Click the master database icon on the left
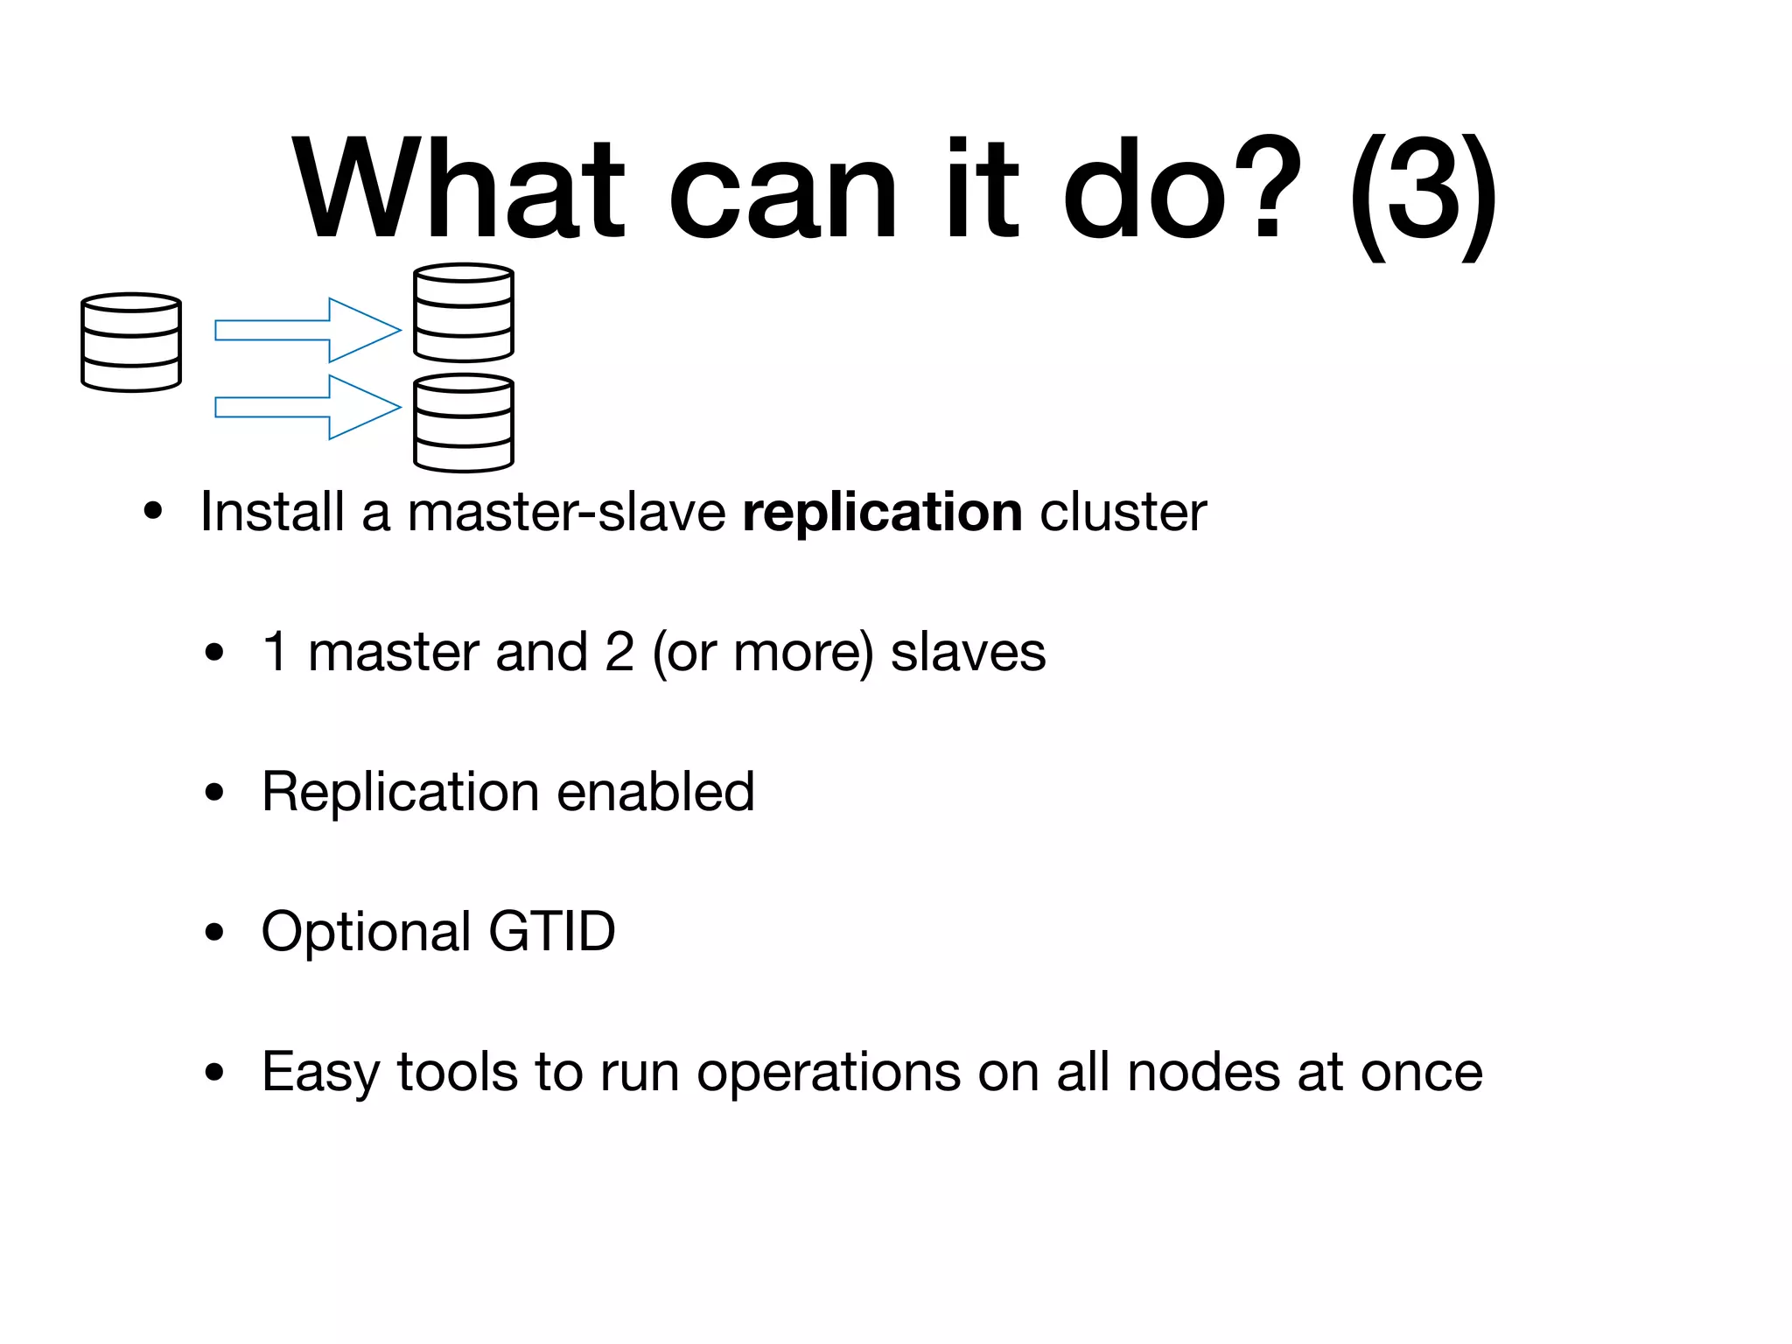131,342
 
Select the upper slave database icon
463,312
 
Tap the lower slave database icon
463,423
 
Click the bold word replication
882,512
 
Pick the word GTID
552,931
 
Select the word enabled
655,792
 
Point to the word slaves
968,652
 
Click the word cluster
1123,512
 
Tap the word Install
271,512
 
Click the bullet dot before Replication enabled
214,793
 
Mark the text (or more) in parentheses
762,653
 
